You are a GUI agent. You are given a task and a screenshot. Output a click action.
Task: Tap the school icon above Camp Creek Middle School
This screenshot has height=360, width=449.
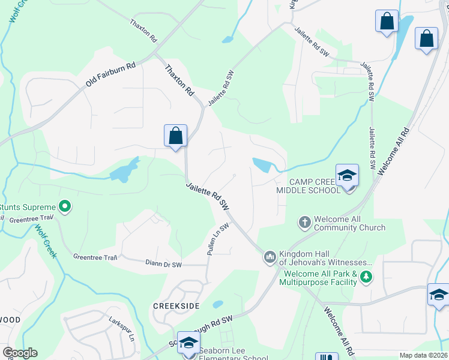[x=347, y=175]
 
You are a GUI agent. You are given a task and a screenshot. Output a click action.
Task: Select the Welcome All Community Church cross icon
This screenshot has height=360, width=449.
[x=305, y=223]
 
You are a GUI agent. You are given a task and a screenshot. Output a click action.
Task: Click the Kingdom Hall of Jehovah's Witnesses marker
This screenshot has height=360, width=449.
[x=270, y=258]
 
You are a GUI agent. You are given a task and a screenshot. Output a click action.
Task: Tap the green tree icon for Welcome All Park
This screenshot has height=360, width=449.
[x=366, y=277]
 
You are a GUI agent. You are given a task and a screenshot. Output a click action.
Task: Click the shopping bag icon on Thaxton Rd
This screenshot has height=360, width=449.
[x=175, y=136]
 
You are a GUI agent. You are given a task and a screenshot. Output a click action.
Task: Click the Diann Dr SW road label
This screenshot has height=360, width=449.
[x=167, y=263]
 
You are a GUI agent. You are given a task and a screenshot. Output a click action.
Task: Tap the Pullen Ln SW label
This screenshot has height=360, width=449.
[x=218, y=241]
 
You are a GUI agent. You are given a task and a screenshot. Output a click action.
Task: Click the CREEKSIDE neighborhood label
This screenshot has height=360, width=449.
[x=176, y=306]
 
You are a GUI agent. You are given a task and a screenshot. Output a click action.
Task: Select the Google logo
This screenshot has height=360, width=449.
[x=19, y=353]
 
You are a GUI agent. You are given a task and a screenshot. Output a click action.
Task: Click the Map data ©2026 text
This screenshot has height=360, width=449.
[x=424, y=355]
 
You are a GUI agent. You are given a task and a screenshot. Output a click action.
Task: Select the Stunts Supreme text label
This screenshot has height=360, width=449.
[x=28, y=208]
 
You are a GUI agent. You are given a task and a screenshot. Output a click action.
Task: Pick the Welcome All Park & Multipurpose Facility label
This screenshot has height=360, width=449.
[x=320, y=278]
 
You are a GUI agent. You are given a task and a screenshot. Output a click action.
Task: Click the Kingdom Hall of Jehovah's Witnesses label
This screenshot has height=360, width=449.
[x=326, y=258]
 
